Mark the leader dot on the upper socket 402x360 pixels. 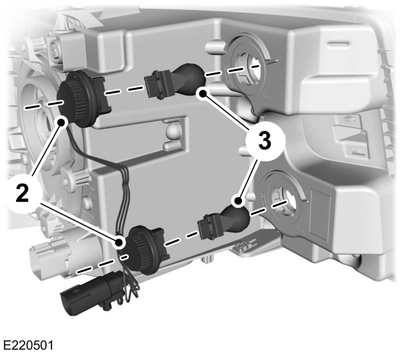pos(62,122)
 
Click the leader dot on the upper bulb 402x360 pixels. pos(202,93)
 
